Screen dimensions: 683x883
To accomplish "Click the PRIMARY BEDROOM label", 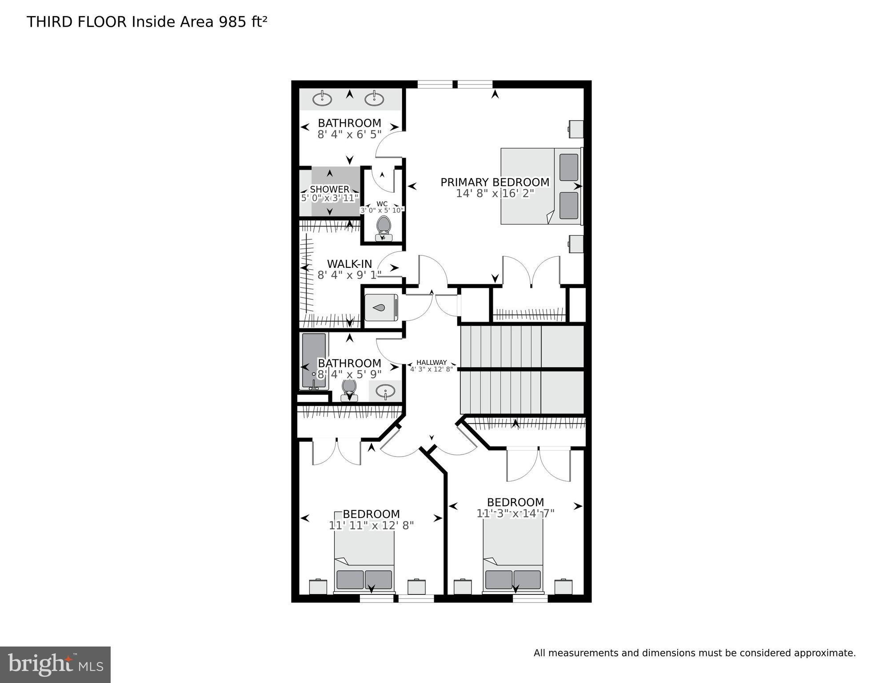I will pos(495,182).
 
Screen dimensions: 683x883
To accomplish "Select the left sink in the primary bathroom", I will pos(322,98).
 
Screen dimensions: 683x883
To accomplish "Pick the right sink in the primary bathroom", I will pos(375,98).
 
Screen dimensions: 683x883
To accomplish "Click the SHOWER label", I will pos(329,190).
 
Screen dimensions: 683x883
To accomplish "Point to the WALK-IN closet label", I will pos(349,264).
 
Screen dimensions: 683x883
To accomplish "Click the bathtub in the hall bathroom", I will pos(314,361).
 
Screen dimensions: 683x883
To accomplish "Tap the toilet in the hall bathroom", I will pos(349,390).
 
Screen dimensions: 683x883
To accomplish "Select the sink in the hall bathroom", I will pos(385,392).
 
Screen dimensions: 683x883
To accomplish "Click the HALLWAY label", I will pos(431,363).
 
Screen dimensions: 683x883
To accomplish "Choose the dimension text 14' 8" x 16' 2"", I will pos(495,194).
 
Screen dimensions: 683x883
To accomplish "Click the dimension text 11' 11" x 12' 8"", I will pos(371,525).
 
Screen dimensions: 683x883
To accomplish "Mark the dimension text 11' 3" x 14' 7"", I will pos(515,513).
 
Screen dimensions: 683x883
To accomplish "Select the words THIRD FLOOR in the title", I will pos(76,22).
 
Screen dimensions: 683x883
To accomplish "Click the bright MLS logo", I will pos(55,664).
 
